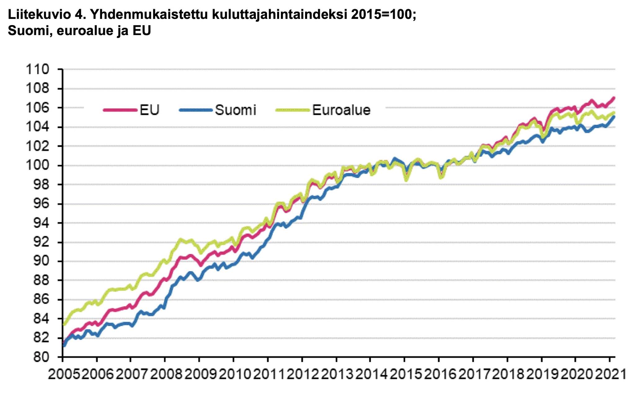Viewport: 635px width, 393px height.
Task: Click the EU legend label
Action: click(x=149, y=110)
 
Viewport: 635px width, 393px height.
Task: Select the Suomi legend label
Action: click(x=235, y=110)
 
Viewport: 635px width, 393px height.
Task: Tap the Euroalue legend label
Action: click(x=341, y=110)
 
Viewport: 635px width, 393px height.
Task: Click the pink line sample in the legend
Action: click(x=120, y=110)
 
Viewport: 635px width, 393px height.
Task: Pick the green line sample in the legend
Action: click(x=293, y=110)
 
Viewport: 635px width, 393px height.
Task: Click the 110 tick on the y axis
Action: click(x=38, y=69)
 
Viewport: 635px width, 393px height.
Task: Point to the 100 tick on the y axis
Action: click(x=38, y=165)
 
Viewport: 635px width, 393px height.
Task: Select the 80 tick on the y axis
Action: click(x=42, y=357)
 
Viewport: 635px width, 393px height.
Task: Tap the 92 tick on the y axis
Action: click(x=42, y=242)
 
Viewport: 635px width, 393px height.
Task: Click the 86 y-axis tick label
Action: click(x=42, y=299)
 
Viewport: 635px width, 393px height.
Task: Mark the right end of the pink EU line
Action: click(x=614, y=98)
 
